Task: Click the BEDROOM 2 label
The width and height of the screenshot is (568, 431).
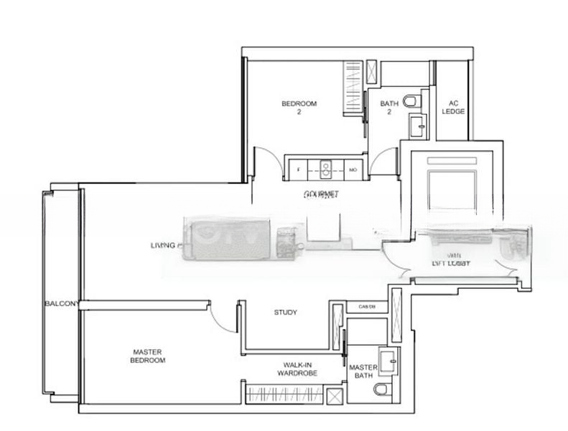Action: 299,108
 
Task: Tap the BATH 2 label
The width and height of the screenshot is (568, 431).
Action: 389,108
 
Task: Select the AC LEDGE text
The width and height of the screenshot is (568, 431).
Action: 454,107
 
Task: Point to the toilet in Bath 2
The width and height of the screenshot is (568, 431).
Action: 411,101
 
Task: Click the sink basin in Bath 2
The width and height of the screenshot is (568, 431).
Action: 417,128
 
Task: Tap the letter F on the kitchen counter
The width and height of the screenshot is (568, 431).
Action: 297,170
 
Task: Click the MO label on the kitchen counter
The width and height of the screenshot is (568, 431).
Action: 353,170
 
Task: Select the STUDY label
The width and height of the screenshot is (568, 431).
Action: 286,312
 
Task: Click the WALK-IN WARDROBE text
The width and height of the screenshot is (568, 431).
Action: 297,369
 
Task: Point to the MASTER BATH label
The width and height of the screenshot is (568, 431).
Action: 363,371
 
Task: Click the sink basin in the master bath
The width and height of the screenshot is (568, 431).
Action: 387,361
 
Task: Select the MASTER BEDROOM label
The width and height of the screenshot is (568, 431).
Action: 149,356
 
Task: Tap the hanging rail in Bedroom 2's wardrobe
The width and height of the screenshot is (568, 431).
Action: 353,87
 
